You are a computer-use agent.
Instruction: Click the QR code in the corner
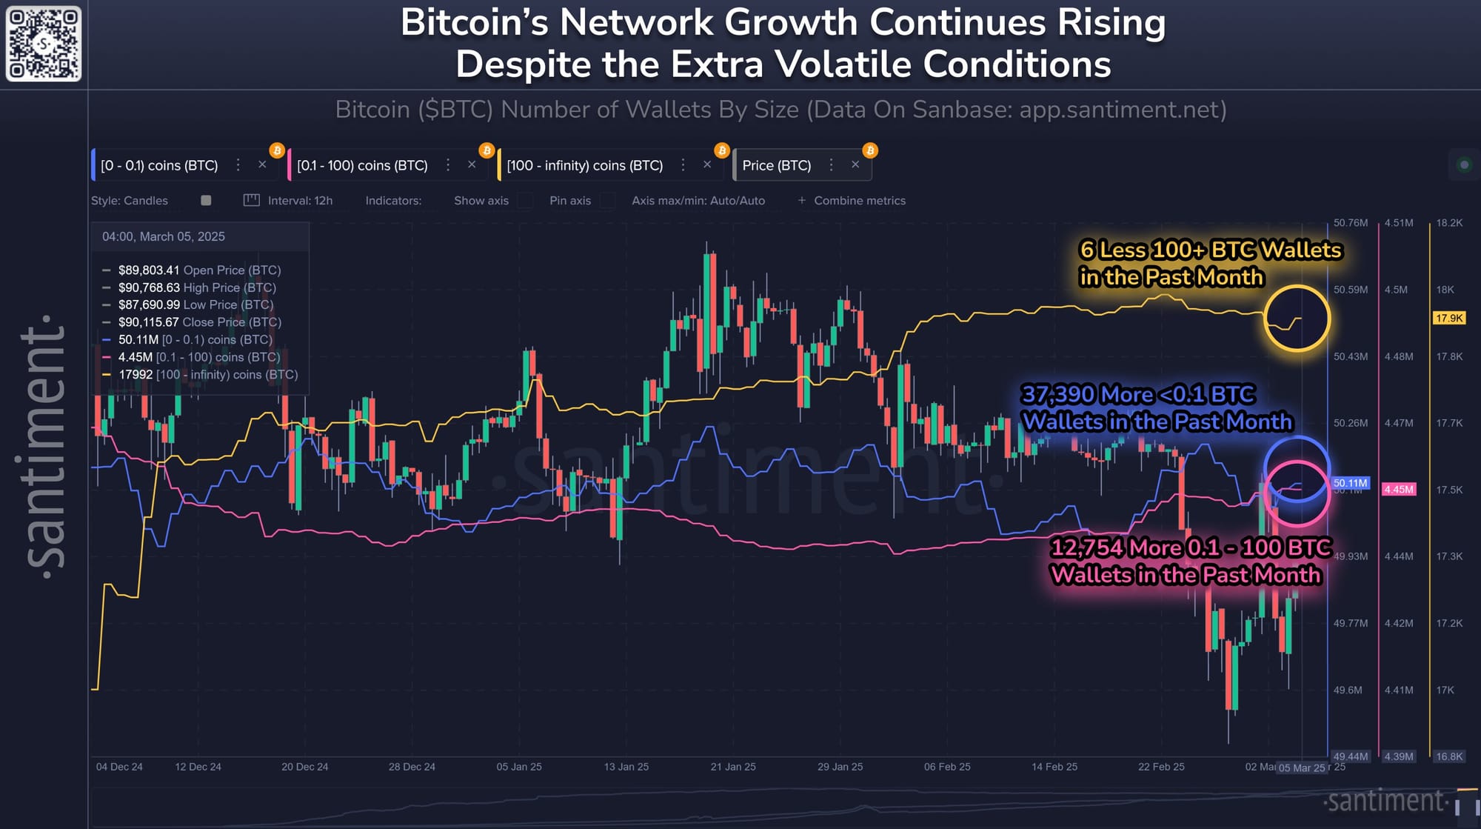[x=44, y=44]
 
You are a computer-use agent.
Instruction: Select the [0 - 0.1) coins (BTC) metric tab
[x=159, y=165]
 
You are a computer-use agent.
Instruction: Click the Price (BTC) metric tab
[x=776, y=165]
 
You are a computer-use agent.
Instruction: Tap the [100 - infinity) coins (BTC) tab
[x=584, y=165]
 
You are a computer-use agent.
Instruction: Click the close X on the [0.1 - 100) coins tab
[x=472, y=164]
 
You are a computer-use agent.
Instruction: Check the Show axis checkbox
[x=525, y=201]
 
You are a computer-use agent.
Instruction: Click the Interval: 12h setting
[x=299, y=201]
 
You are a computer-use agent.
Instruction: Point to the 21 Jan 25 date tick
[x=733, y=767]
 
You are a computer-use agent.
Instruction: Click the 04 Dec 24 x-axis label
[x=119, y=767]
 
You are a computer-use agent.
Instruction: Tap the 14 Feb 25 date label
[x=1054, y=767]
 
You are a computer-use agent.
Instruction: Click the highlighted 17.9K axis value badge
[x=1449, y=318]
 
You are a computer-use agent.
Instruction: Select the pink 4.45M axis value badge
[x=1399, y=490]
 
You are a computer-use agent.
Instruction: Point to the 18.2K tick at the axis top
[x=1449, y=223]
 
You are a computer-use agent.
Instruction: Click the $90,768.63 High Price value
[x=149, y=287]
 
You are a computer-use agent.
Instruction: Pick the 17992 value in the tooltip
[x=136, y=375]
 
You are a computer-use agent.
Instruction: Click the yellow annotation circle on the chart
[x=1297, y=319]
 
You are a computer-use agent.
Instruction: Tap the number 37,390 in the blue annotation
[x=1062, y=394]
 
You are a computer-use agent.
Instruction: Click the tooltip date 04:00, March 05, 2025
[x=164, y=236]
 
